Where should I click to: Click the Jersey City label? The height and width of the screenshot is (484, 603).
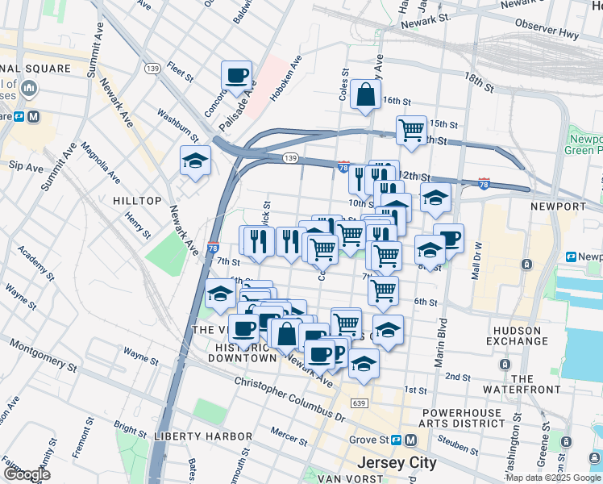tap(396, 463)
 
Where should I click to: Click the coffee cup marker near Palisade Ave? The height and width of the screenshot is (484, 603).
tap(237, 77)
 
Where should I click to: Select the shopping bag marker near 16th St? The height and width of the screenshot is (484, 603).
tap(365, 94)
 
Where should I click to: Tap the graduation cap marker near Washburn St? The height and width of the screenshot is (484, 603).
tap(195, 162)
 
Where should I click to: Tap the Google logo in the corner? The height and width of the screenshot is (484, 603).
tap(27, 475)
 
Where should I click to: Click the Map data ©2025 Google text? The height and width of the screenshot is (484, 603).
tap(553, 478)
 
